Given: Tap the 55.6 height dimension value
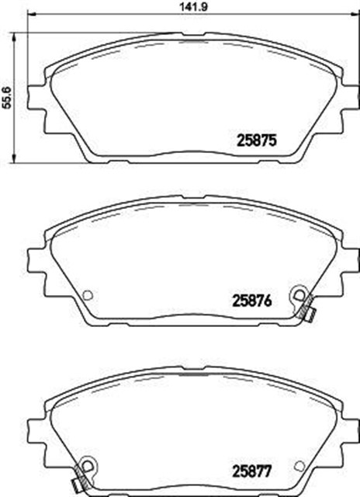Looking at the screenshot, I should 7,99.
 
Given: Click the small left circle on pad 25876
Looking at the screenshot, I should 87,295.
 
